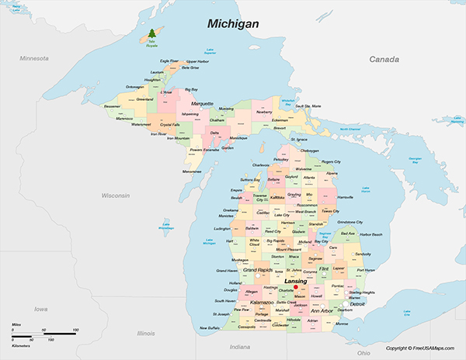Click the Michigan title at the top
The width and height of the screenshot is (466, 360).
pos(233,24)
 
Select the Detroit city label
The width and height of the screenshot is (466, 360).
pos(357,304)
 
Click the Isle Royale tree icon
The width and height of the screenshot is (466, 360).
pos(151,34)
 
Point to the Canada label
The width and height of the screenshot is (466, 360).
pos(384,59)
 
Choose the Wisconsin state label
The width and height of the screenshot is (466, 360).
pos(115,196)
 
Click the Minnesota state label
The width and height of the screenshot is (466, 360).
pos(34,58)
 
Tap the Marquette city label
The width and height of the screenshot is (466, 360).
pos(202,102)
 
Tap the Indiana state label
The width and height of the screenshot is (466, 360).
pos(240,346)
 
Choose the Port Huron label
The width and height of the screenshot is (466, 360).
pos(365,270)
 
